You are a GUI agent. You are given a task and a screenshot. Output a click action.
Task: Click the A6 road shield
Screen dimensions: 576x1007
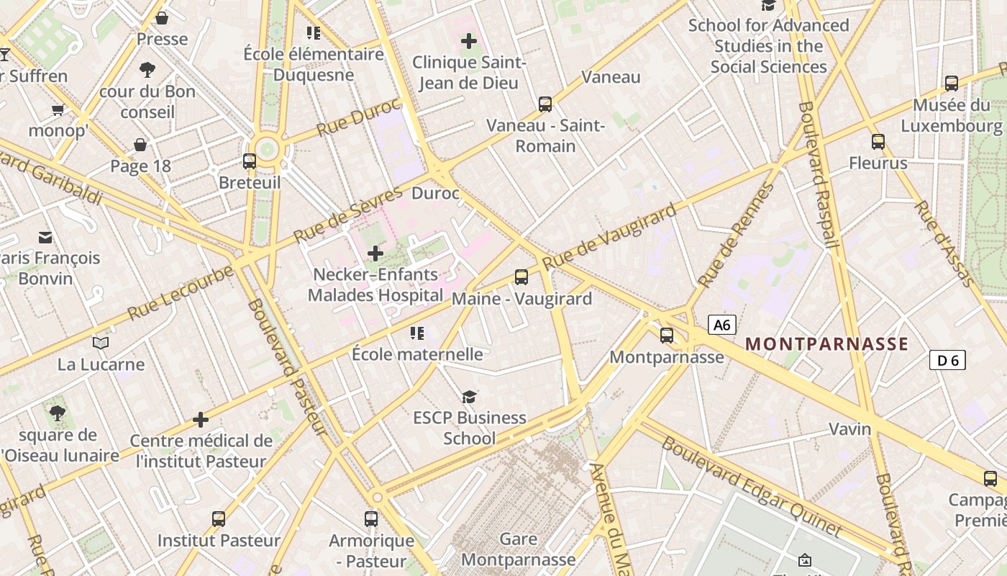click(x=722, y=325)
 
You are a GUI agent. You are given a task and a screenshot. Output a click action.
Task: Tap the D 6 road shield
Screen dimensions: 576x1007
click(x=947, y=360)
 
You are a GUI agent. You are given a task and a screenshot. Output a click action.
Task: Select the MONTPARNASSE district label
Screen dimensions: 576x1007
click(x=827, y=343)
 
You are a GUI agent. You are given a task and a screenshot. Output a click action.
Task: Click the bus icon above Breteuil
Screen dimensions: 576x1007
click(x=250, y=161)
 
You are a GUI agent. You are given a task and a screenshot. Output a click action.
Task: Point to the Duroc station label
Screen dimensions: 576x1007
click(x=435, y=193)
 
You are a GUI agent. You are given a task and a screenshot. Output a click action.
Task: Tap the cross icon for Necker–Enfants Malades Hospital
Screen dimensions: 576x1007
click(x=375, y=253)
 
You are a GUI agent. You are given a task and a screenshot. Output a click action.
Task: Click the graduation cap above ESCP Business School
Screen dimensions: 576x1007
click(x=470, y=396)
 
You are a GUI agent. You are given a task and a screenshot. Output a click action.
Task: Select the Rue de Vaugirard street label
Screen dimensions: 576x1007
click(x=610, y=236)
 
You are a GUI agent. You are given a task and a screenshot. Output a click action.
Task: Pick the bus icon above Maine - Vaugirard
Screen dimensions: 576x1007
click(x=521, y=276)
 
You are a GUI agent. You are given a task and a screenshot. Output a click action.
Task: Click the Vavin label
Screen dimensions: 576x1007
click(x=850, y=429)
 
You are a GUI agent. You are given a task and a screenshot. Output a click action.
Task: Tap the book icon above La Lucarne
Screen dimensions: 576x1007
click(x=101, y=343)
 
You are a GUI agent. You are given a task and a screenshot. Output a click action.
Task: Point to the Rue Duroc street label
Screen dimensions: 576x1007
click(x=358, y=117)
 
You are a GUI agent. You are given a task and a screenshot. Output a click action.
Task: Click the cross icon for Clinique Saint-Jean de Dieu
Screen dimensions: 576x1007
click(x=469, y=41)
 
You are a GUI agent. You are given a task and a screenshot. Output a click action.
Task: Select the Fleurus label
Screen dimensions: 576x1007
click(x=878, y=163)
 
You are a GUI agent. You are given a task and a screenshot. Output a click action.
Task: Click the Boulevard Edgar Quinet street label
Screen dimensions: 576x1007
click(x=751, y=487)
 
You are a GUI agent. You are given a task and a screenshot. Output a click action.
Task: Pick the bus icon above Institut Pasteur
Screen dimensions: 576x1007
click(x=219, y=518)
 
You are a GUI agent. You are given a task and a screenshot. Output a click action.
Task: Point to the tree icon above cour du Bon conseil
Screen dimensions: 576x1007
click(x=147, y=70)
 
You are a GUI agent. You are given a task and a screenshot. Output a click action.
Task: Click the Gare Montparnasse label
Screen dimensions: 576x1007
click(x=519, y=549)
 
